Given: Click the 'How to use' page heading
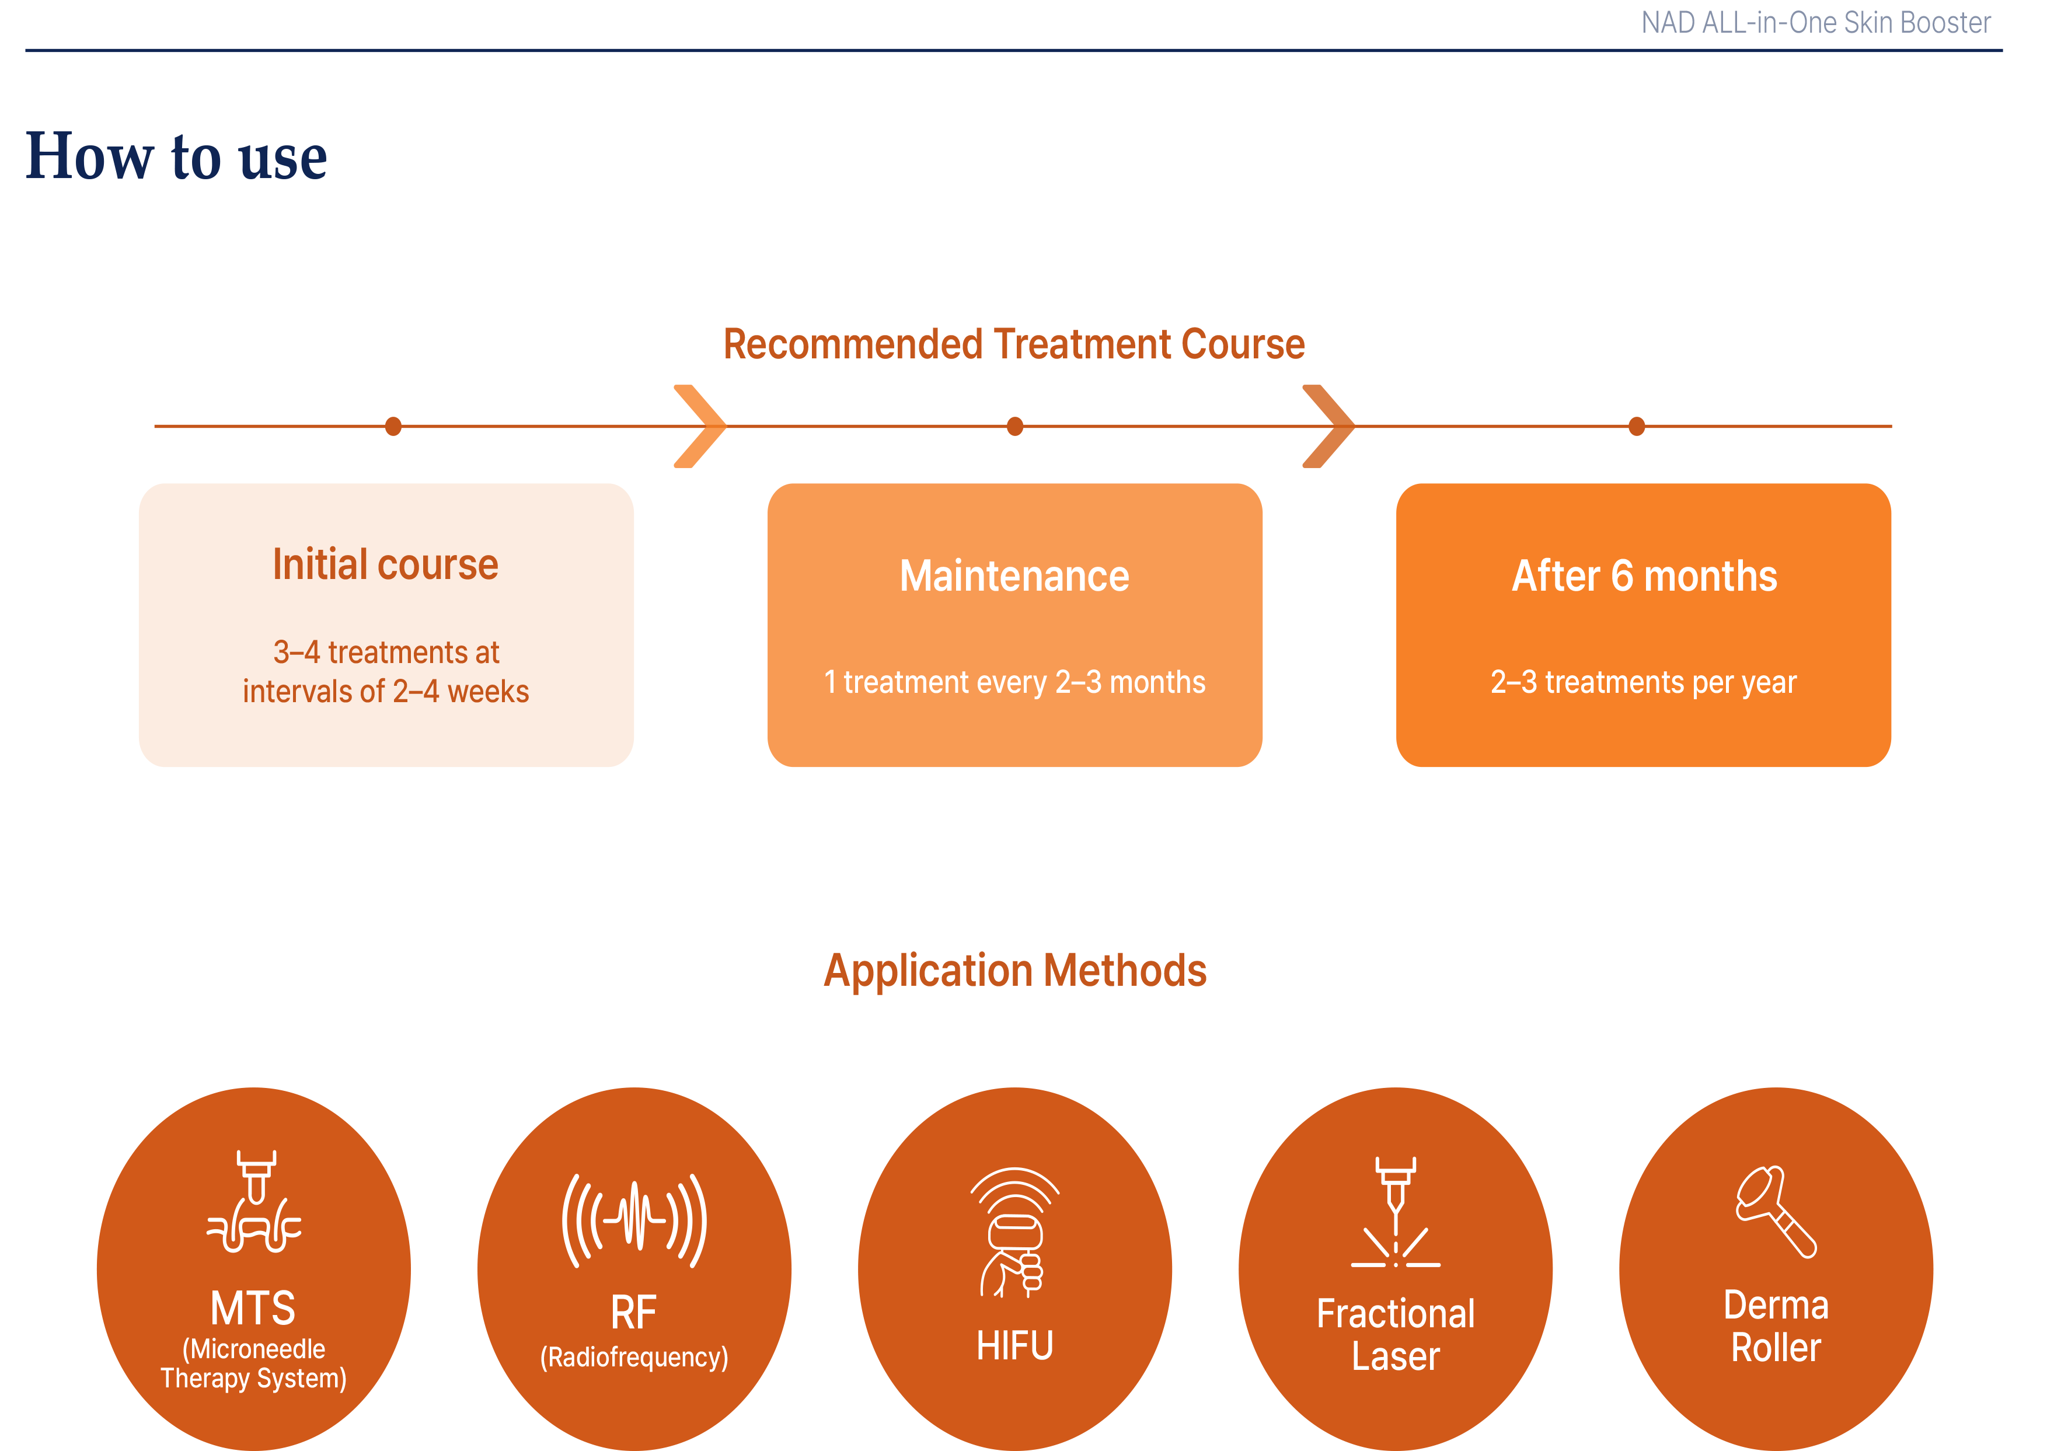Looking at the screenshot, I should pos(176,158).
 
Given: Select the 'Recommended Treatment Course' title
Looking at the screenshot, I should pos(1014,344).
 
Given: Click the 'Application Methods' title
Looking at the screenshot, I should pos(1014,971).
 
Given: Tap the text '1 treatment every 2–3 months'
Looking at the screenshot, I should pos(1014,682).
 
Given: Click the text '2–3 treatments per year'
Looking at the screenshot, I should pos(1644,682).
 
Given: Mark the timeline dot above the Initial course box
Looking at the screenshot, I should pos(393,427).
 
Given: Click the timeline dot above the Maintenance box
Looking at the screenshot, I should pos(1014,427).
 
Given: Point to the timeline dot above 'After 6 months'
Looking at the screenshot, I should pos(1636,427).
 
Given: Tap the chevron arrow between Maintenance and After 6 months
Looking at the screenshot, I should pos(1330,427).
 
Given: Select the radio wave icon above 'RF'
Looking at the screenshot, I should pos(634,1220).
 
